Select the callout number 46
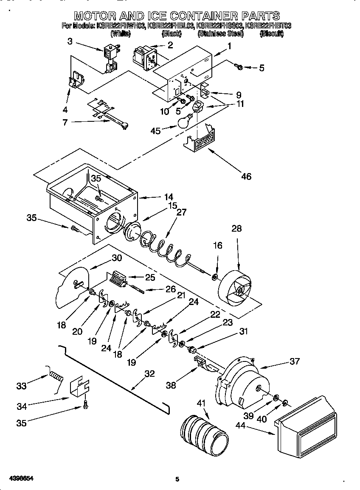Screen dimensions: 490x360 pos(246,176)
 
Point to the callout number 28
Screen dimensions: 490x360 pos(236,229)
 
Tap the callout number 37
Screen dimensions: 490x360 pos(294,361)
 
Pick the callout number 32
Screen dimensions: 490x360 pos(149,374)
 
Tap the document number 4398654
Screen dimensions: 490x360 pos(21,479)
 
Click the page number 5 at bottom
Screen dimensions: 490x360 pos(178,479)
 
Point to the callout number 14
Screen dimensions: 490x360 pos(169,196)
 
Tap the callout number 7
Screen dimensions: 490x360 pos(65,122)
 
